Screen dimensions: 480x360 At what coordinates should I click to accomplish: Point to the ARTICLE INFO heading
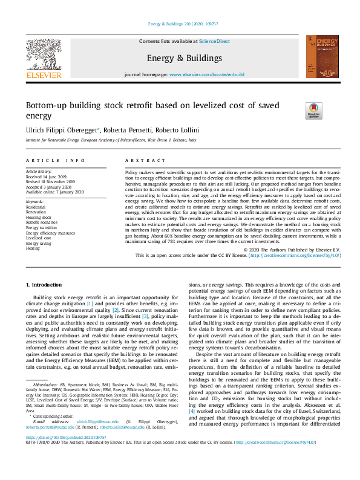click(x=56, y=160)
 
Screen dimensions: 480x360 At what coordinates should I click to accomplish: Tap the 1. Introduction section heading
click(x=47, y=284)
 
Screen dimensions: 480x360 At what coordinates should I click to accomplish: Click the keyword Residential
click(x=36, y=207)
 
